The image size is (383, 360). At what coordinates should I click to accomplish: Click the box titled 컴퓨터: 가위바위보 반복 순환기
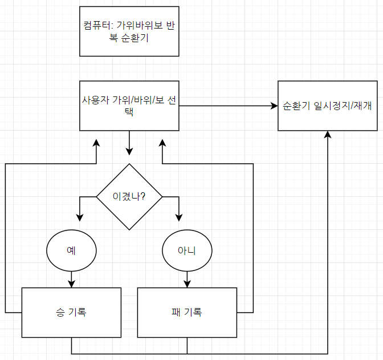click(129, 31)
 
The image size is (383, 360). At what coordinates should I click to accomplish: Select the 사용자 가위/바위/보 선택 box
click(129, 106)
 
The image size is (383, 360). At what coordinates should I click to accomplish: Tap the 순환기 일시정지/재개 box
click(328, 106)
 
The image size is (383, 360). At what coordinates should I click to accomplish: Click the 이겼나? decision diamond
click(129, 197)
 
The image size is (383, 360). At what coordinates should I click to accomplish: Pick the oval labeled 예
click(71, 250)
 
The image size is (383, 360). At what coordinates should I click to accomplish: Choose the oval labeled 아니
click(187, 250)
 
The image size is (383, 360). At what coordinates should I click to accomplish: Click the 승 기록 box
click(71, 312)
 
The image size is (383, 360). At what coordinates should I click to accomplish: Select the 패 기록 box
click(187, 312)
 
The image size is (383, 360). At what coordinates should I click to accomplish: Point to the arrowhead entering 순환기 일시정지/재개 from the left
click(274, 106)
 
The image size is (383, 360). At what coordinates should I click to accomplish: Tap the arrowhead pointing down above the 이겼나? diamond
click(129, 151)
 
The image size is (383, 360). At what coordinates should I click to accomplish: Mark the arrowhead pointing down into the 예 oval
click(79, 217)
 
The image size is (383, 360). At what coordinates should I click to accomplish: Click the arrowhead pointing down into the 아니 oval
click(179, 217)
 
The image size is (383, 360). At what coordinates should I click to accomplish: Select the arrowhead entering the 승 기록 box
click(71, 284)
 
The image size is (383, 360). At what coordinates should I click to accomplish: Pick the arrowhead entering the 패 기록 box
click(187, 284)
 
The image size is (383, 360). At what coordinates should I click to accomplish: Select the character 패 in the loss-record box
click(176, 312)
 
